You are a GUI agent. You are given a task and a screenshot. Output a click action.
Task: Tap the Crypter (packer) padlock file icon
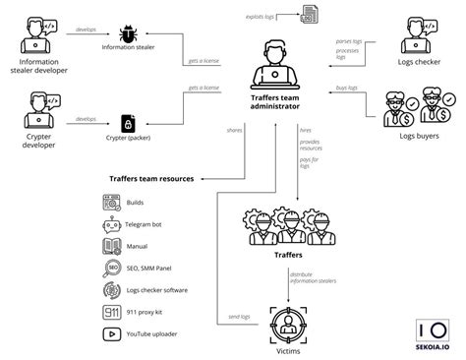pos(128,124)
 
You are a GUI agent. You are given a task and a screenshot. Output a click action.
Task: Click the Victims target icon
pos(288,325)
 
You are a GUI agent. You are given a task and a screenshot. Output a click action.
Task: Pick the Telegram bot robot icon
pos(111,224)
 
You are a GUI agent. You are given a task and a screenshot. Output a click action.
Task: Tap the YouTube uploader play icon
pos(111,333)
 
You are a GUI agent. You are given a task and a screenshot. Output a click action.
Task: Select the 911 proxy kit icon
pos(111,312)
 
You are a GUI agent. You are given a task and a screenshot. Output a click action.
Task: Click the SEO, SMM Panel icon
pos(111,268)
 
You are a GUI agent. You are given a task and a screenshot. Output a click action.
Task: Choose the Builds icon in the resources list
pos(111,203)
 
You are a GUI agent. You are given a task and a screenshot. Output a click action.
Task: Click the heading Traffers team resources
pos(150,178)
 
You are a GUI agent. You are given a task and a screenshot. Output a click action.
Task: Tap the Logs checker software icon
pos(111,290)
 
